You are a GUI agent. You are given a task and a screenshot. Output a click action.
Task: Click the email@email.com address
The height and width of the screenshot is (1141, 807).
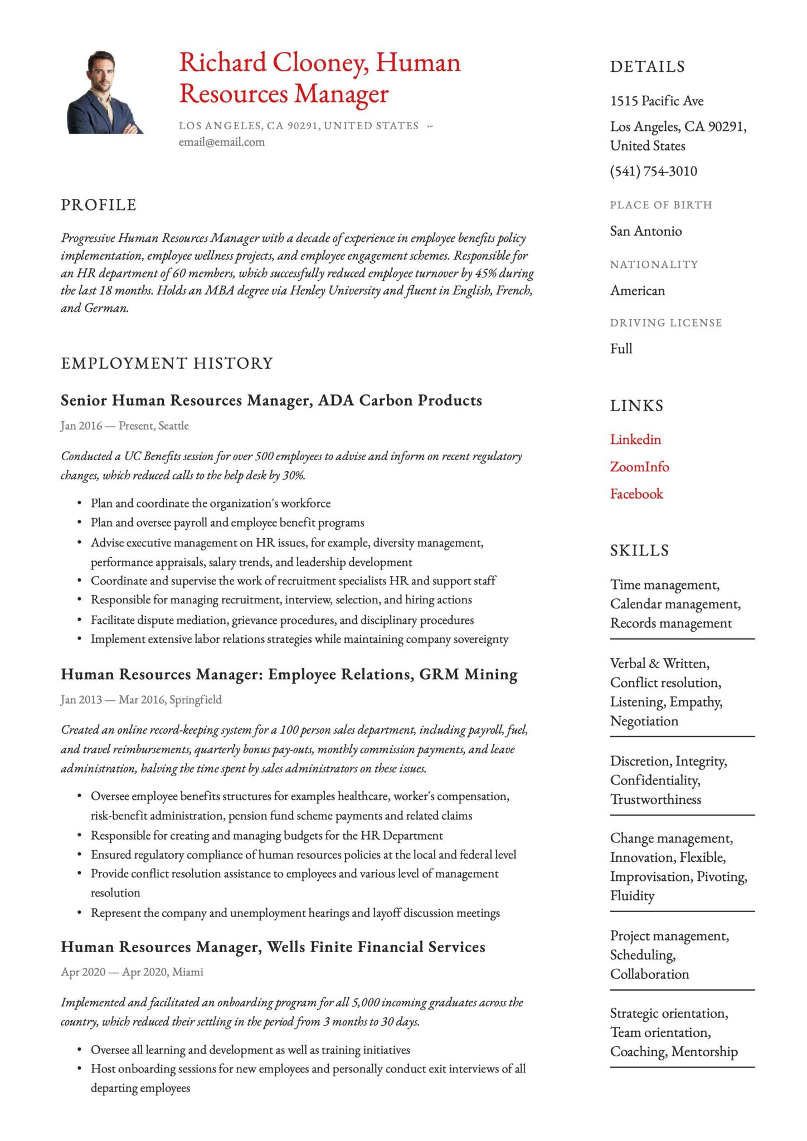coord(221,142)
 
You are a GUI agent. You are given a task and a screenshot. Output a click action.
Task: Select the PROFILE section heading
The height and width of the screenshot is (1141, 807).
coord(99,205)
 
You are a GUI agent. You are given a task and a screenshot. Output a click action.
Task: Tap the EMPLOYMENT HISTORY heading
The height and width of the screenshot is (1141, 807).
coord(167,363)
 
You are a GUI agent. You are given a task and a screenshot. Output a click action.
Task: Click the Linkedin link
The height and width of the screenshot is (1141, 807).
coord(635,440)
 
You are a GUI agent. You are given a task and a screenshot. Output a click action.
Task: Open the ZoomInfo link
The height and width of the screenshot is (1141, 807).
coord(639,467)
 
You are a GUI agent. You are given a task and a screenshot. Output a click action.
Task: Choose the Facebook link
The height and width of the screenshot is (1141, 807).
coord(636,494)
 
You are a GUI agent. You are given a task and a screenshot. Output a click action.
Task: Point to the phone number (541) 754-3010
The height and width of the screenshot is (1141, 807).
coord(653,171)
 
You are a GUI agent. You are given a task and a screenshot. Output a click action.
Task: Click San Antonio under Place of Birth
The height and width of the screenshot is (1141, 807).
coord(645,231)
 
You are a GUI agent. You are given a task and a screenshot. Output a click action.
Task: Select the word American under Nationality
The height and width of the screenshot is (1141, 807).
coord(637,291)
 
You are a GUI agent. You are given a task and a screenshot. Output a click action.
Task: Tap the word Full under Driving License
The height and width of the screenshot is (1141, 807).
coord(621,349)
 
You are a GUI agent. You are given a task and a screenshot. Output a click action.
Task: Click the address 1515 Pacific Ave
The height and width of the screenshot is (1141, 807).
coord(657,101)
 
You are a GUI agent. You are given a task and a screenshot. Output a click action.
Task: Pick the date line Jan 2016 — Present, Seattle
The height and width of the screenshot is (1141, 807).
coord(125,426)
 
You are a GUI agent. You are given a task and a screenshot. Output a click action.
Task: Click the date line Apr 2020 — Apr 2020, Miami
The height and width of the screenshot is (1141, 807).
coord(132,972)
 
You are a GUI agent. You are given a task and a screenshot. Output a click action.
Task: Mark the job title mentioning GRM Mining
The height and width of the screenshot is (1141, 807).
coord(289,675)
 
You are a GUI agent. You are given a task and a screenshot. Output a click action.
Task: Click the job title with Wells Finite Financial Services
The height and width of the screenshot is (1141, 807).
coord(273,947)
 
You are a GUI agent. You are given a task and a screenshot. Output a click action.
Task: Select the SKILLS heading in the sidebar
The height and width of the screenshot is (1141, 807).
coord(639,550)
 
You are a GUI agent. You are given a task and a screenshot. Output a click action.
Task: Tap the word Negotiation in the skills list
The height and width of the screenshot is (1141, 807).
coord(644,721)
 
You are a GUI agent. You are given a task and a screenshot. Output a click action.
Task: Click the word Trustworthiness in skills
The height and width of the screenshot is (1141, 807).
coord(655,800)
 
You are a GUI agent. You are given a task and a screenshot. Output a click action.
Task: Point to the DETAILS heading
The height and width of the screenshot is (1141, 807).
coord(647,67)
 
